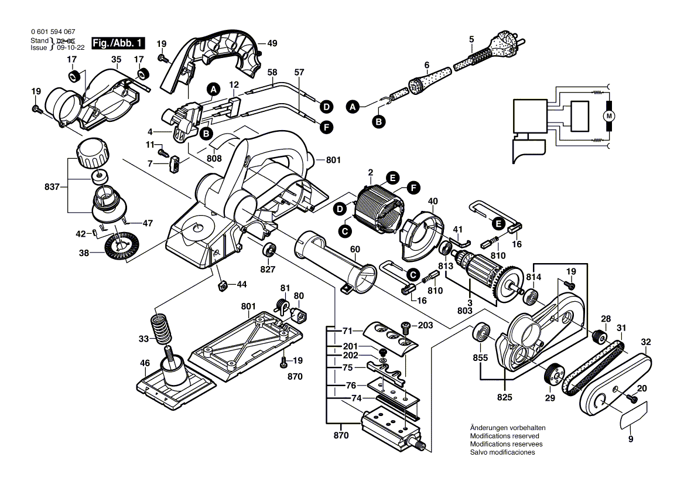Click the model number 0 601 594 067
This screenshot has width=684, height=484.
(x=52, y=32)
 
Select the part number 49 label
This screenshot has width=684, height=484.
(x=272, y=43)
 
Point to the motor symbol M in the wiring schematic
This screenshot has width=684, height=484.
(x=609, y=115)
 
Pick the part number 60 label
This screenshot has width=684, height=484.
(x=355, y=249)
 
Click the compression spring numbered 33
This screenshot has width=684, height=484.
(x=160, y=330)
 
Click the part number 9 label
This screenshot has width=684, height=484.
(x=631, y=439)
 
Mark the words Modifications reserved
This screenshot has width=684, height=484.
(x=504, y=436)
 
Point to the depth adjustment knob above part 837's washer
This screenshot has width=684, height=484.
(x=93, y=154)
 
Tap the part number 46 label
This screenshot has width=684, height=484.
(x=145, y=363)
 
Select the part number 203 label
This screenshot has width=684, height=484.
(x=425, y=325)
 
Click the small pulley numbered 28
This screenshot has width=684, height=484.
(x=598, y=337)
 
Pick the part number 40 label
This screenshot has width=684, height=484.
(x=433, y=202)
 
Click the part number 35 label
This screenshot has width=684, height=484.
(x=116, y=59)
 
